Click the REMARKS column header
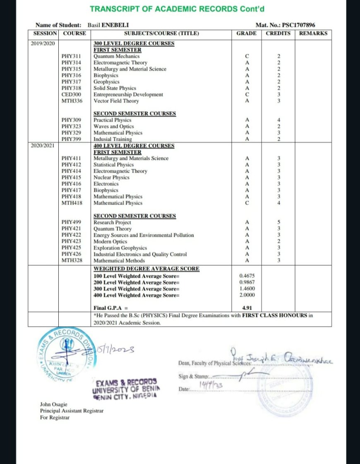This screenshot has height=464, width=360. pyautogui.click(x=313, y=33)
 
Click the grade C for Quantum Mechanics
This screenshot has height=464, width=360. pyautogui.click(x=247, y=56)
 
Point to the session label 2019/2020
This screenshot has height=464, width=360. pyautogui.click(x=43, y=43)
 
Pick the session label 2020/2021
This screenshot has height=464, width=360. pyautogui.click(x=43, y=146)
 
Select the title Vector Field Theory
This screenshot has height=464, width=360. pyautogui.click(x=116, y=101)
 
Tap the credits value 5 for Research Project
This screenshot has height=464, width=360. pyautogui.click(x=279, y=222)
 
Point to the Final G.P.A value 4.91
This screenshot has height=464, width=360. pyautogui.click(x=247, y=308)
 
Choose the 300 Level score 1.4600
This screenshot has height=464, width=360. pyautogui.click(x=247, y=288)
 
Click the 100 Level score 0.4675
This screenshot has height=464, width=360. pyautogui.click(x=247, y=275)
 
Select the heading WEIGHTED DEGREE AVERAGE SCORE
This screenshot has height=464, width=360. pyautogui.click(x=146, y=269)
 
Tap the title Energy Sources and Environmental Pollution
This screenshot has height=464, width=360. pyautogui.click(x=144, y=235)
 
